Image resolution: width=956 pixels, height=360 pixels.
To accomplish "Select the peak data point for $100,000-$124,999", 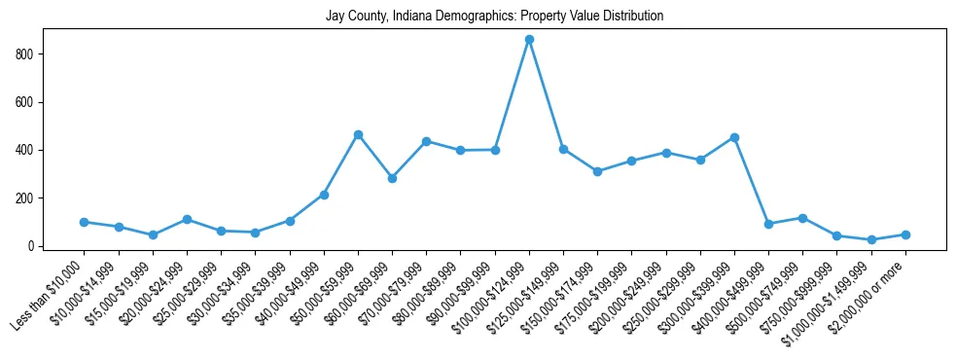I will pos(529,39).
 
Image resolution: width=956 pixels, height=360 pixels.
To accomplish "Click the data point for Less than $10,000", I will pos(85,222).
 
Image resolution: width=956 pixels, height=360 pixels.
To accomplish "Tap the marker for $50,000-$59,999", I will pos(358,134).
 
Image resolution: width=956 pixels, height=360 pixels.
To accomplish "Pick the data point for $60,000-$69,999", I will pos(392,178).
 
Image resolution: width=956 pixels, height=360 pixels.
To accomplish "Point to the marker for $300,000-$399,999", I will pos(734,137).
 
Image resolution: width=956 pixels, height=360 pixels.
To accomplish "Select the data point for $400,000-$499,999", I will pos(768,224).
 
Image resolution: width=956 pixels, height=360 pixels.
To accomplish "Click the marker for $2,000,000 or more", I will pos(905,234).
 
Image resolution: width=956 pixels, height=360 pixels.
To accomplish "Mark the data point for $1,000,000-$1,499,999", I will pos(871,239).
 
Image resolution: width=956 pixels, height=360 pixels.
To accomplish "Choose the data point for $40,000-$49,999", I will pos(324,195).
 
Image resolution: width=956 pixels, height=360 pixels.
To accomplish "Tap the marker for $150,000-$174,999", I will pos(597,171).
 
